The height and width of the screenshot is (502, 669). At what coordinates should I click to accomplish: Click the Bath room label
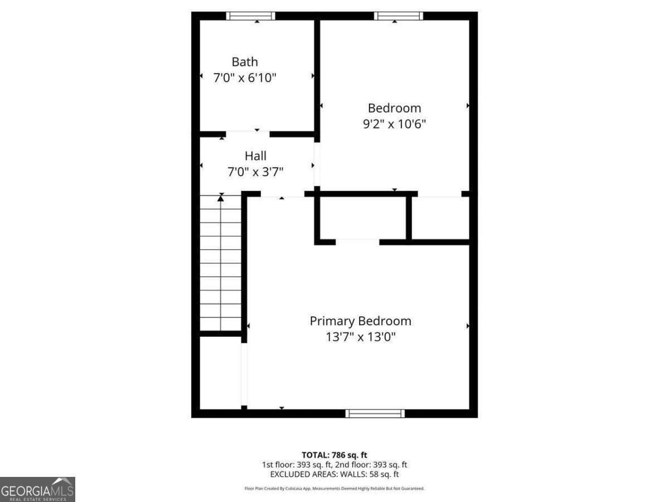tap(245, 61)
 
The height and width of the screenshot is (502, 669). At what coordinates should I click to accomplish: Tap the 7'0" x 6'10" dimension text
tap(245, 78)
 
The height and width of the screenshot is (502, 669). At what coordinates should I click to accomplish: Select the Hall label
tap(255, 156)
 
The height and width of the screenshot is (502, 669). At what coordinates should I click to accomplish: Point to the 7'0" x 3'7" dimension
tap(255, 172)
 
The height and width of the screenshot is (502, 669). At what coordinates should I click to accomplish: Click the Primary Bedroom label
tap(360, 321)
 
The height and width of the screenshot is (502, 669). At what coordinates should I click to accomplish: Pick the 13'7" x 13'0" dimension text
tap(360, 337)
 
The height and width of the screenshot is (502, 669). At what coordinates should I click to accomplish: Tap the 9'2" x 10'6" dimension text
tap(394, 124)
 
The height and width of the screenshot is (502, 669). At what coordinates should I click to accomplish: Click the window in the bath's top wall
tap(250, 16)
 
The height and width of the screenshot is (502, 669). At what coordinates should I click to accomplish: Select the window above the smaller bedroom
tap(398, 16)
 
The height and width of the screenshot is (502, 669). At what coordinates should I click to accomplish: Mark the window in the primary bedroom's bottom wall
tap(375, 413)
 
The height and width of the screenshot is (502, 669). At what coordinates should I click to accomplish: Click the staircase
tap(221, 262)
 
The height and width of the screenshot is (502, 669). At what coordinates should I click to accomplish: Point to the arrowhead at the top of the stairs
tap(221, 196)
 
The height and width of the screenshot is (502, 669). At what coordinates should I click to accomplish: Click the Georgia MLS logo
tap(37, 489)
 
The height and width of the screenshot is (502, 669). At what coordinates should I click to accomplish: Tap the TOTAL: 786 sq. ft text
tap(334, 455)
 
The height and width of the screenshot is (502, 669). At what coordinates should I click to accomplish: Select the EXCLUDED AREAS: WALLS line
tap(334, 474)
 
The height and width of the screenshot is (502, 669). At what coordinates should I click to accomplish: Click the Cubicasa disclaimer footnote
tap(334, 489)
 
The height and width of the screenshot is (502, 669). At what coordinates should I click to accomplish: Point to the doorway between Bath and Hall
tap(248, 134)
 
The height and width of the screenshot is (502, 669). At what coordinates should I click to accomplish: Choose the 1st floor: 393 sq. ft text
tap(297, 465)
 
